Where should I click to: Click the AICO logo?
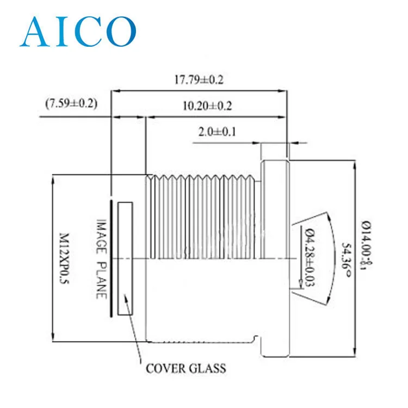point(77,32)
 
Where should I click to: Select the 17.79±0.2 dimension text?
point(199,79)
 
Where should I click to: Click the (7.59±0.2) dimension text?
point(71,103)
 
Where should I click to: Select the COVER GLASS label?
point(186,369)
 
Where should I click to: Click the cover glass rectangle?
point(125,259)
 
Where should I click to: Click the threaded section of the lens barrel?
point(201,218)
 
